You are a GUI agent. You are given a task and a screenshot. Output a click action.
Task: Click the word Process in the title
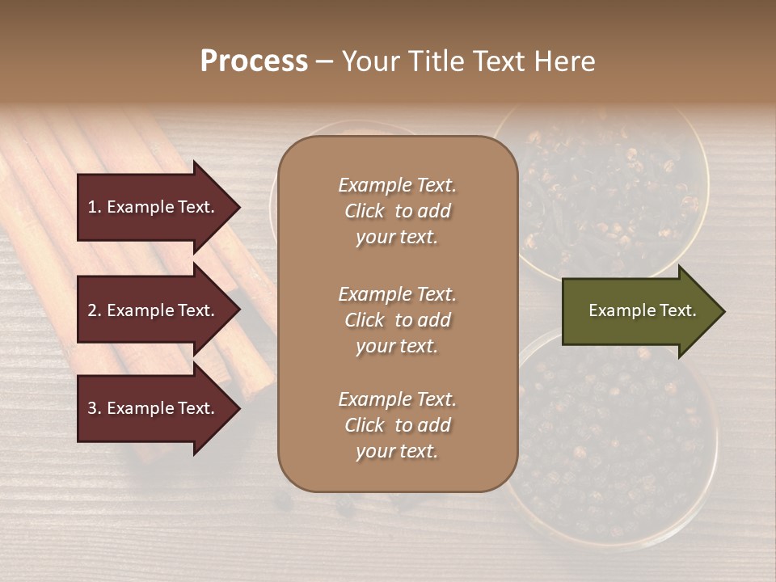coord(254,61)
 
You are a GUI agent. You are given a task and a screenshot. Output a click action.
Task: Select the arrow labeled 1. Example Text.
coord(154,207)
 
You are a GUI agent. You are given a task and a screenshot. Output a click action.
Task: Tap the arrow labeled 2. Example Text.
coord(154,310)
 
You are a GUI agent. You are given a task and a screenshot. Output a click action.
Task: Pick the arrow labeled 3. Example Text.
coord(154,408)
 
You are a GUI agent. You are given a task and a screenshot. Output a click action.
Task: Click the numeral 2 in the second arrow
coord(92,310)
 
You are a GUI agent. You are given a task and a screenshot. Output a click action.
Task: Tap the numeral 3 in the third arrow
coord(92,408)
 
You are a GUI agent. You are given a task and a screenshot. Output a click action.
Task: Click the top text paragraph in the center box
coord(397,211)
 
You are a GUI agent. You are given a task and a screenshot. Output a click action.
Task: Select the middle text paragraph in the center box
coord(397,320)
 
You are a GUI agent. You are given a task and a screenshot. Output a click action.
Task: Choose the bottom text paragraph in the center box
coord(397,425)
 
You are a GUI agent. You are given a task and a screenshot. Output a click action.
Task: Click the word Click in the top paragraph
coord(365,211)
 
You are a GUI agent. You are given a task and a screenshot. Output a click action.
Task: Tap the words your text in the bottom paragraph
coord(397,451)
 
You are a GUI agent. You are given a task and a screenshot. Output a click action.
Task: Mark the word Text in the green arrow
coord(677,310)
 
